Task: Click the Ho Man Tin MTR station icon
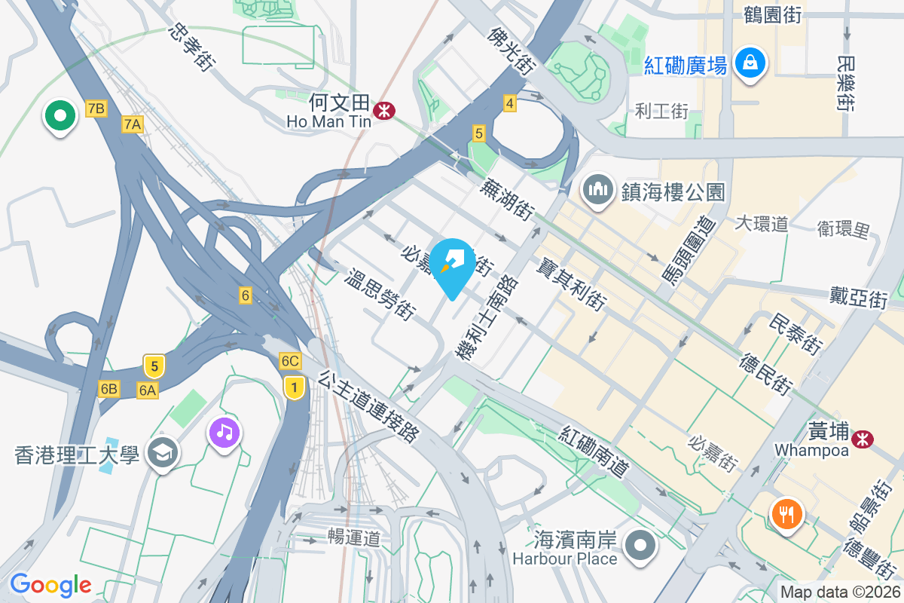[x=384, y=110]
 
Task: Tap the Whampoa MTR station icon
[x=862, y=437]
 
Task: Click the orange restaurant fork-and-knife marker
[x=786, y=515]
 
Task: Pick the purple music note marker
[x=224, y=433]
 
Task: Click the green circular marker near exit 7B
[x=61, y=116]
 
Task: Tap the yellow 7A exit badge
[x=133, y=124]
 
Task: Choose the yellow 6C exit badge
[x=290, y=360]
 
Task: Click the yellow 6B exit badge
[x=108, y=389]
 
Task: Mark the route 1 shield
[x=294, y=387]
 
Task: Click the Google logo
[x=50, y=585]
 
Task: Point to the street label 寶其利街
[x=572, y=283]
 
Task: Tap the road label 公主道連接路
[x=369, y=406]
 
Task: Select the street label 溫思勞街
[x=380, y=292]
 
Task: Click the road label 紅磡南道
[x=594, y=450]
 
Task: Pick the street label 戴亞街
[x=858, y=297]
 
